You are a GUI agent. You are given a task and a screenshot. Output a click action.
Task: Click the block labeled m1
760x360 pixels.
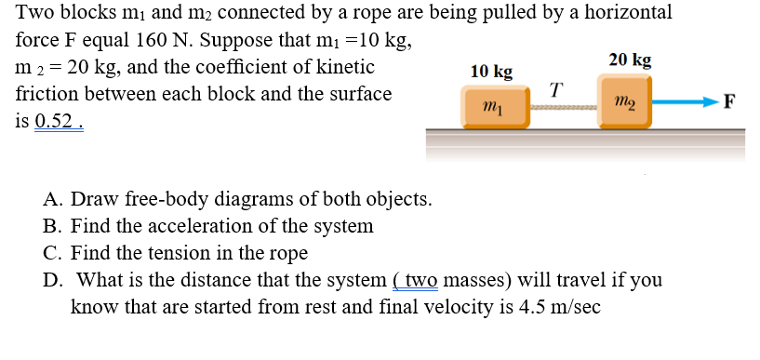(x=492, y=106)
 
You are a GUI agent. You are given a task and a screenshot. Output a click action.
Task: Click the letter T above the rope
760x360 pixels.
(x=555, y=89)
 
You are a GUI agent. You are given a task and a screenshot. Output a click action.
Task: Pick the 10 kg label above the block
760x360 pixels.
(x=491, y=72)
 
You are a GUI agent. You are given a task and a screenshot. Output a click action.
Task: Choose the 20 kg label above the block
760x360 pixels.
(x=630, y=60)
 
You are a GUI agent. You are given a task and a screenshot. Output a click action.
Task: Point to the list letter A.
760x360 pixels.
(x=52, y=200)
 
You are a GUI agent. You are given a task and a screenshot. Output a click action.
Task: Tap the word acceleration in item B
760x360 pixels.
(x=200, y=226)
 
